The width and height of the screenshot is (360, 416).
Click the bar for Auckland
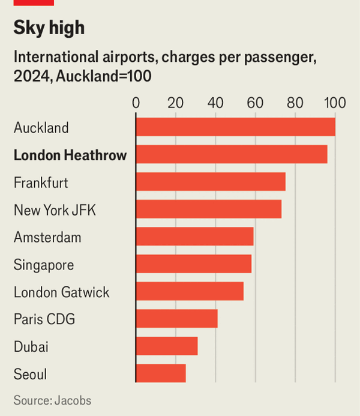point(235,127)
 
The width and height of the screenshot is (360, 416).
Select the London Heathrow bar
point(232,155)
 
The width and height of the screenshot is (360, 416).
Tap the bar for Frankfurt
point(211,182)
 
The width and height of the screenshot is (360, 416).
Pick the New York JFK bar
point(209,210)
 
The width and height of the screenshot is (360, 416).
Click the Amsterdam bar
point(195,237)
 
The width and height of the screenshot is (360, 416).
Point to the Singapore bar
point(194,264)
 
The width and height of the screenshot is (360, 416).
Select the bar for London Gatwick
point(190,291)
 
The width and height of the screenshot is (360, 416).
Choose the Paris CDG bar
point(177,319)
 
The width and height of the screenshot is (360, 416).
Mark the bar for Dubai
point(167,346)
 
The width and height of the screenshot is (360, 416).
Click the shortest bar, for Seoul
point(161,373)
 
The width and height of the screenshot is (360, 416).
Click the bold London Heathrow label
point(70,155)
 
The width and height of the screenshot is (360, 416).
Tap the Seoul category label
point(30,375)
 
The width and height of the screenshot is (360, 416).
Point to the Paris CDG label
point(44,319)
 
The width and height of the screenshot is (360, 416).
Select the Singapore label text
point(44,265)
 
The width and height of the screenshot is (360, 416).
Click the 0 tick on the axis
point(136,102)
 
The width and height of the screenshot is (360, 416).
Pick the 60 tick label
point(255,102)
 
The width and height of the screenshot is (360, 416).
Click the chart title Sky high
point(49,28)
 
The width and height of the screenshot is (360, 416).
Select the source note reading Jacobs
point(53,400)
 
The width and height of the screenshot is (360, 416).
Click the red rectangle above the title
point(34,2)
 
